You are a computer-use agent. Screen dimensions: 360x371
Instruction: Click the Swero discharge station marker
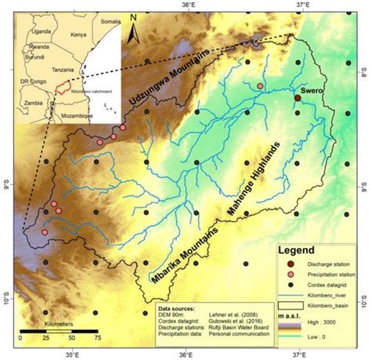(297, 98)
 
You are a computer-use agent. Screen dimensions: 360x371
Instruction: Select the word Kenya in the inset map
(78, 35)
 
